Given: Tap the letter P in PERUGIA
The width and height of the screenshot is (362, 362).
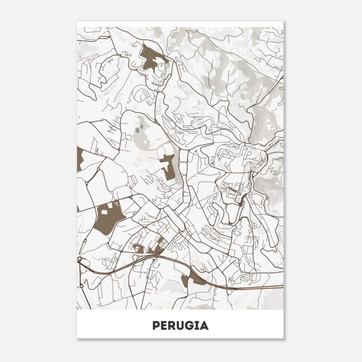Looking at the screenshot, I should pos(156,325).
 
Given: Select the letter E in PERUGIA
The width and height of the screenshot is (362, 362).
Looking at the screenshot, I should pos(164,325).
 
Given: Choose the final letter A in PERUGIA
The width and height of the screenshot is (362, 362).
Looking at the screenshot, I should pos(204,325).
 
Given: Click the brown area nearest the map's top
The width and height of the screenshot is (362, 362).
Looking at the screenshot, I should pos(152,57).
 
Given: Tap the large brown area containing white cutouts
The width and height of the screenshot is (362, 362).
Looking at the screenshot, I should pos(109,216).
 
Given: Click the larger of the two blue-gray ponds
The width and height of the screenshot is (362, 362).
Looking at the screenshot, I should pos(137,131).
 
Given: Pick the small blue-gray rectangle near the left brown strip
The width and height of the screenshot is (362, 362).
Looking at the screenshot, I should pos(97,150).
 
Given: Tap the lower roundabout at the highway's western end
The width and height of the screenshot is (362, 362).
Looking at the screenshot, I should pos(81,286).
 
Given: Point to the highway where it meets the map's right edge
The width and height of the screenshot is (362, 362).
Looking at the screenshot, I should pos(282,286).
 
